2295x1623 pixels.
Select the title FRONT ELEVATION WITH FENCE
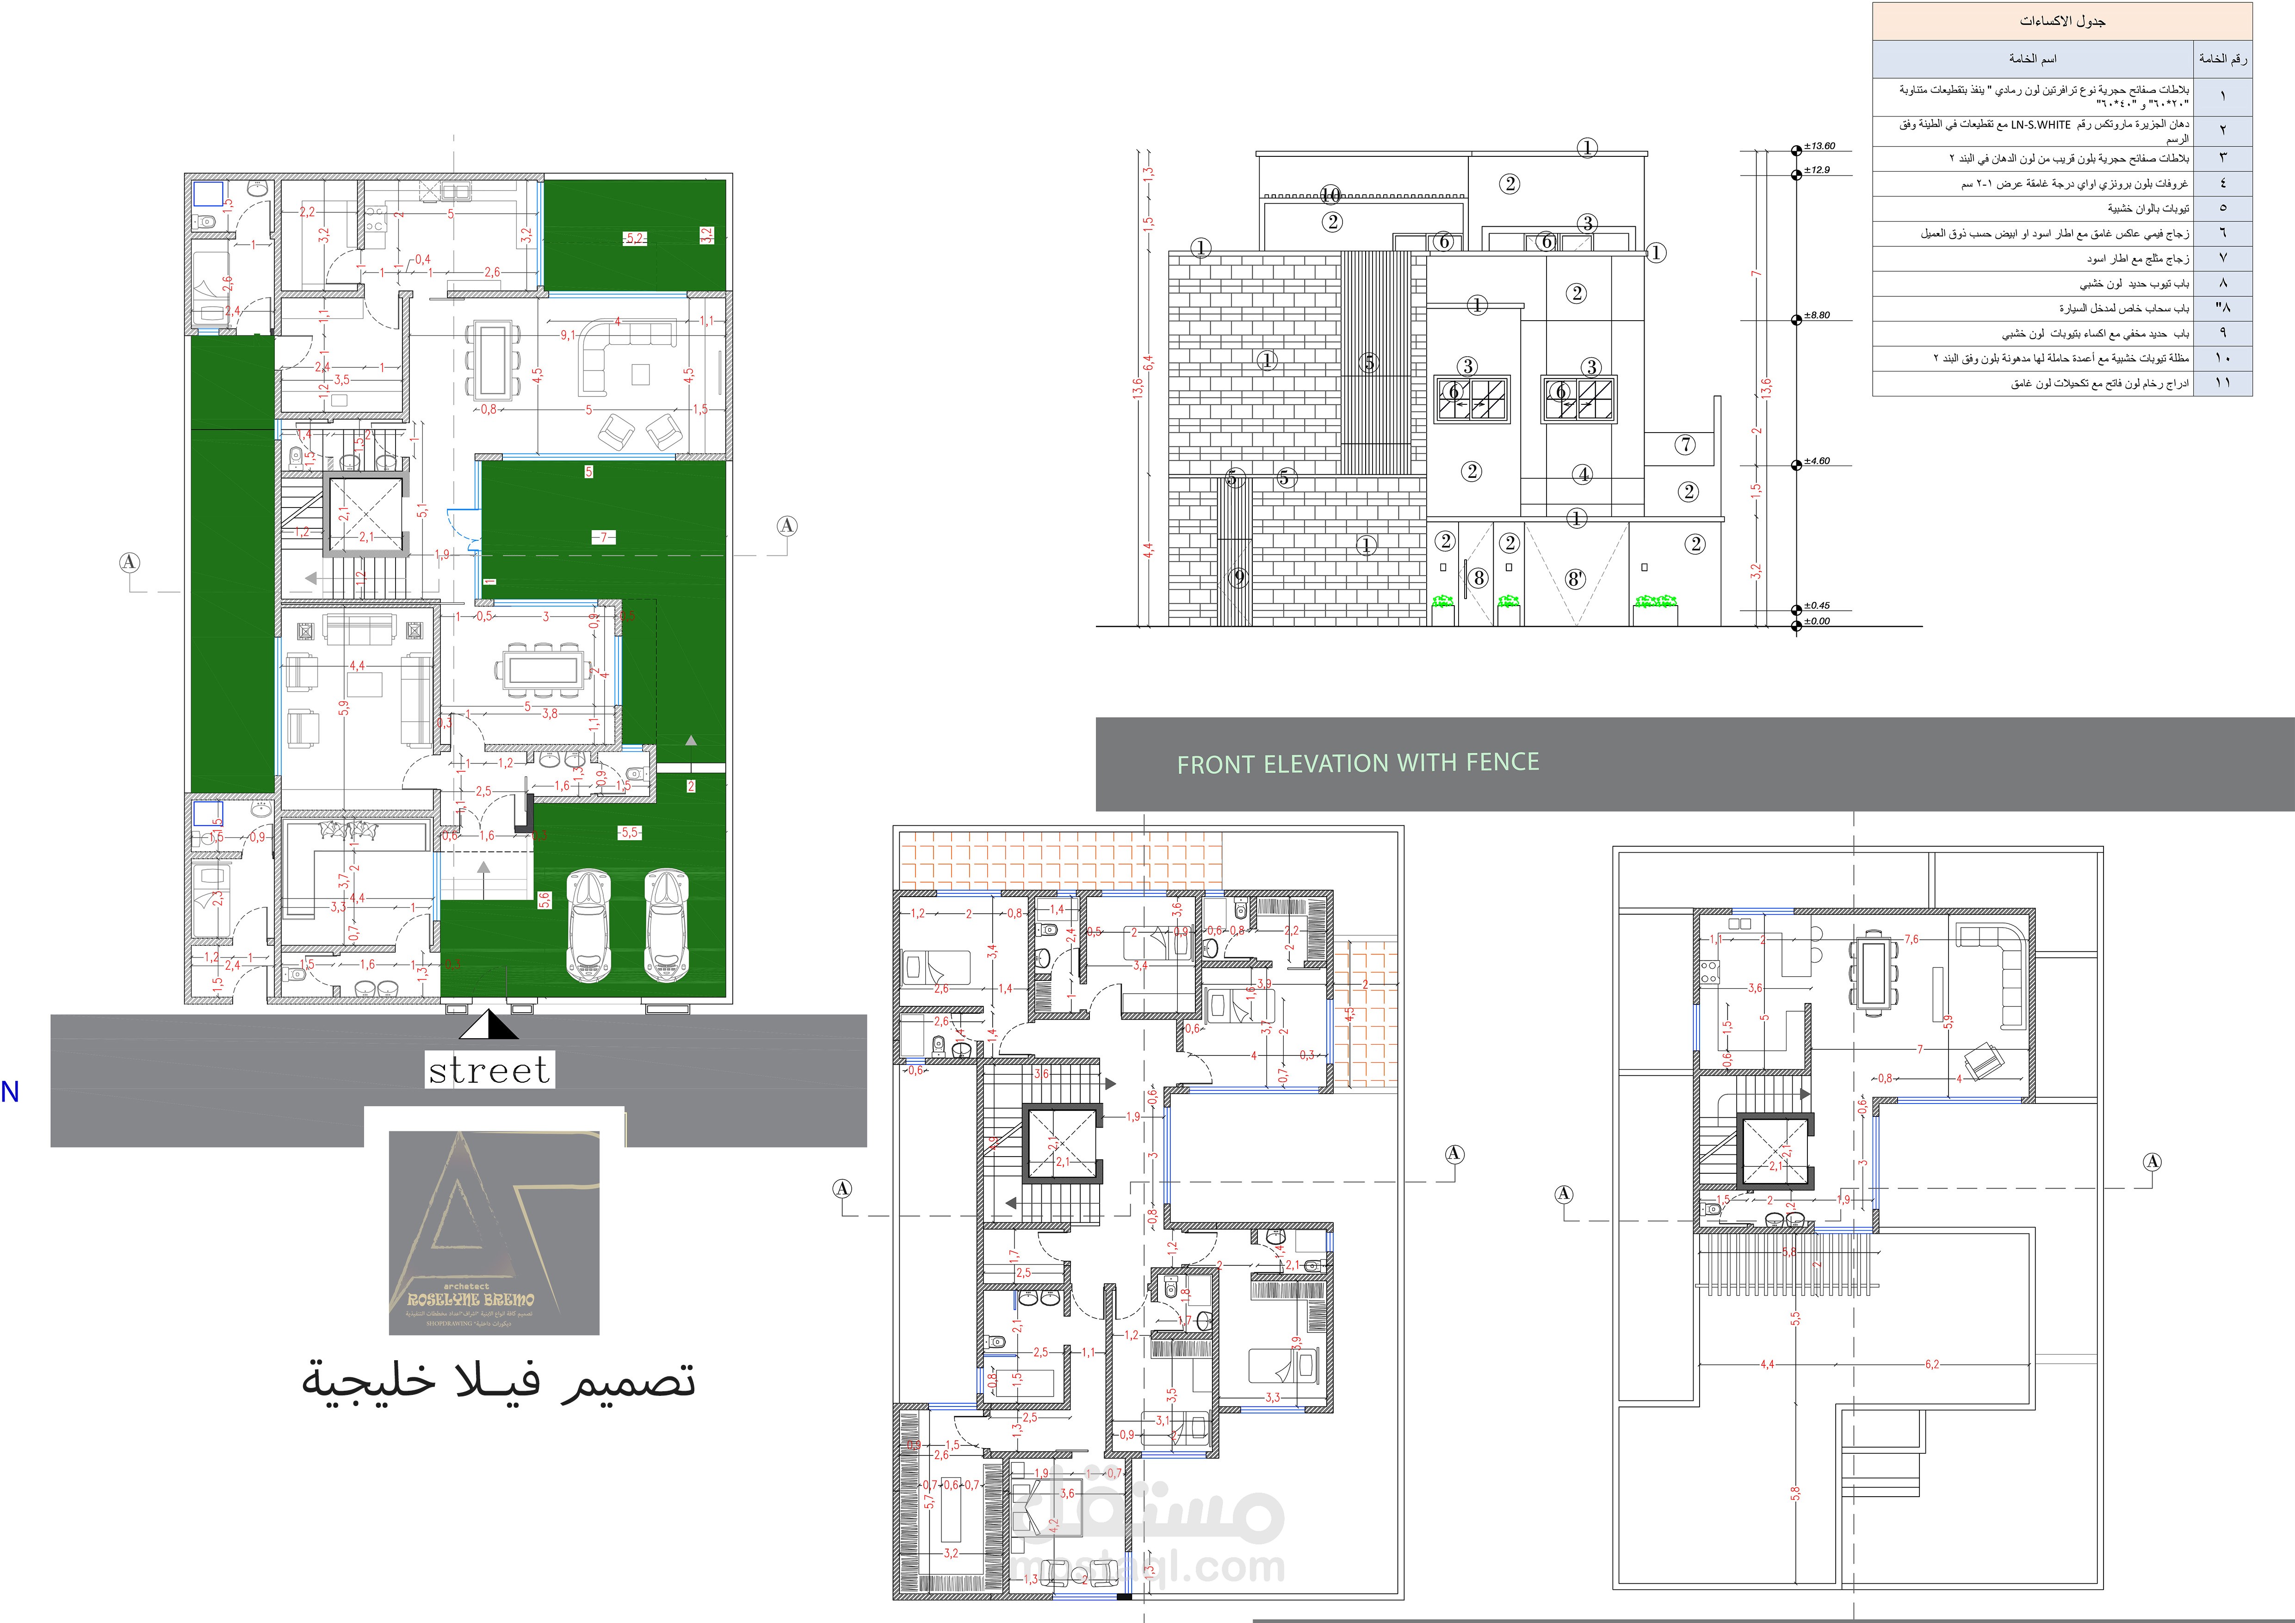1357,763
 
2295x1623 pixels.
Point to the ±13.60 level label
1819,146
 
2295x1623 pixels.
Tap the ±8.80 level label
1817,316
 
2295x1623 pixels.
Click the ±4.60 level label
1817,462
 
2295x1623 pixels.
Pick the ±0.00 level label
1817,622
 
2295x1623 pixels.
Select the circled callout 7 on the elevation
1686,445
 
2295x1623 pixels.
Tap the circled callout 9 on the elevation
1238,578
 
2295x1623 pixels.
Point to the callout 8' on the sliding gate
1575,579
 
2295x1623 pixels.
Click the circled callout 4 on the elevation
1582,475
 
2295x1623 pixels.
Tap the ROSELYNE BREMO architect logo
494,1232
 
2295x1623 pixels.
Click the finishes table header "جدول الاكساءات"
2062,21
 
